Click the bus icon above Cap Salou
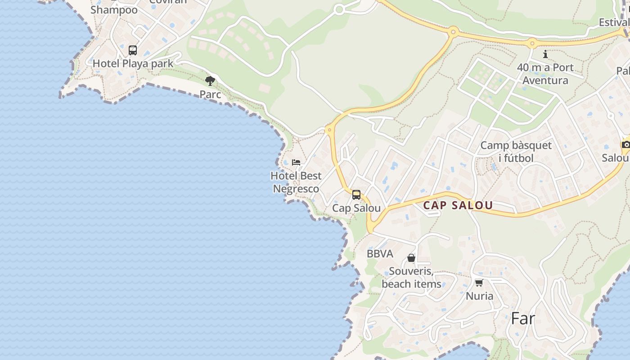tap(356, 195)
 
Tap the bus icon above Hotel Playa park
tap(132, 50)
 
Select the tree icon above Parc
tap(210, 81)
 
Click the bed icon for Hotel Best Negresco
tap(296, 162)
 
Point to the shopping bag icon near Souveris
tap(411, 258)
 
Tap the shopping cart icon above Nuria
tap(479, 283)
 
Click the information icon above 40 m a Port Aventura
tap(545, 54)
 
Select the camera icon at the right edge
tap(625, 144)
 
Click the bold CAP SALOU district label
tap(458, 206)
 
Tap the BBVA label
tap(380, 254)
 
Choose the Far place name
tap(523, 319)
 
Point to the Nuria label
tap(479, 296)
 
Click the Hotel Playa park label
tap(133, 63)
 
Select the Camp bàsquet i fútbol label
tap(516, 152)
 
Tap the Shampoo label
tap(114, 10)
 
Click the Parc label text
tap(210, 94)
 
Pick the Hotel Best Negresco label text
tap(296, 182)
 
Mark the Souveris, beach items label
tap(411, 278)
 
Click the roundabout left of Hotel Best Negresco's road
tap(329, 130)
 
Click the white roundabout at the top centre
tap(339, 9)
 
